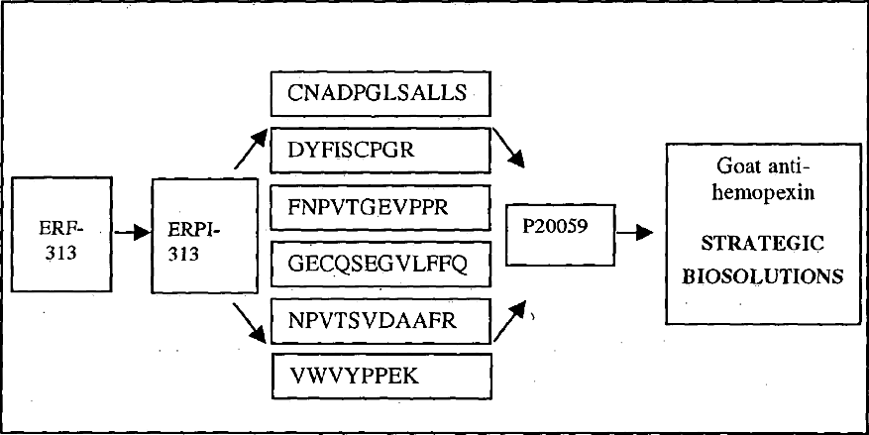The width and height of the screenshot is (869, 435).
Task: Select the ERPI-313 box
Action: tap(197, 236)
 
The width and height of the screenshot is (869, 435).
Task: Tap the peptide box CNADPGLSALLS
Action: tap(381, 95)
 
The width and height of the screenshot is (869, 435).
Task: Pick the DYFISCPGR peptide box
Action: tap(381, 153)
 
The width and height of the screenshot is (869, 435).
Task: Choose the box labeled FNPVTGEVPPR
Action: tap(381, 208)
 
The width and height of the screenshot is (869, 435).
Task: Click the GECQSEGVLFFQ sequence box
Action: tap(381, 264)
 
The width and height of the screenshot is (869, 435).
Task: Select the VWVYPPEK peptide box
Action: tap(381, 376)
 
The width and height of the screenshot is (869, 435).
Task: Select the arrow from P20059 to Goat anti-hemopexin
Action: tap(633, 232)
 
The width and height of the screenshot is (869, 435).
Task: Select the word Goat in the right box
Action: tap(734, 168)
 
